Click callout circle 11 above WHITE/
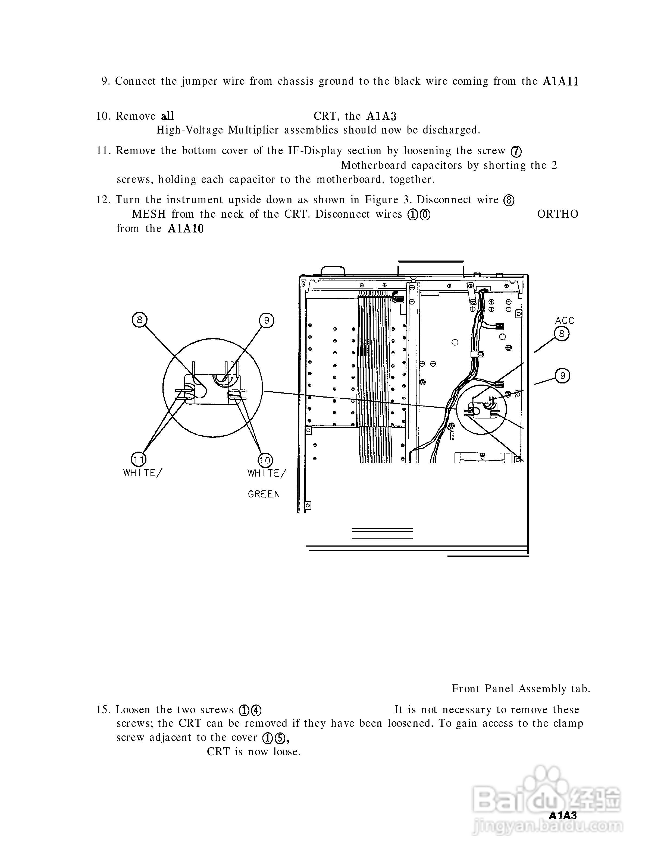coord(138,459)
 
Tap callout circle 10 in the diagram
coord(265,460)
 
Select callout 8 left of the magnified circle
coord(140,320)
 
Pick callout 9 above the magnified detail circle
coord(267,321)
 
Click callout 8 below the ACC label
coord(562,334)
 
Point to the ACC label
coord(564,321)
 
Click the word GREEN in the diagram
coord(264,494)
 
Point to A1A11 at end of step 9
coord(560,82)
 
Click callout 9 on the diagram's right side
coord(562,375)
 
